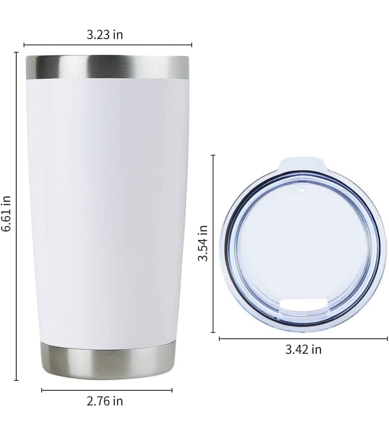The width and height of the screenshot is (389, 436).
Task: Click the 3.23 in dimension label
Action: pos(105,35)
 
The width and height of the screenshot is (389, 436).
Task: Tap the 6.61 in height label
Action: pos(6,214)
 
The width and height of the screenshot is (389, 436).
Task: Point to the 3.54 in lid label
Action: pos(203,243)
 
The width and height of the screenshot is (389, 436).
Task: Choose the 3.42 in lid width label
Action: pos(303,349)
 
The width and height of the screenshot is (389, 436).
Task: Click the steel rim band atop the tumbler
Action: pos(107,67)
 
